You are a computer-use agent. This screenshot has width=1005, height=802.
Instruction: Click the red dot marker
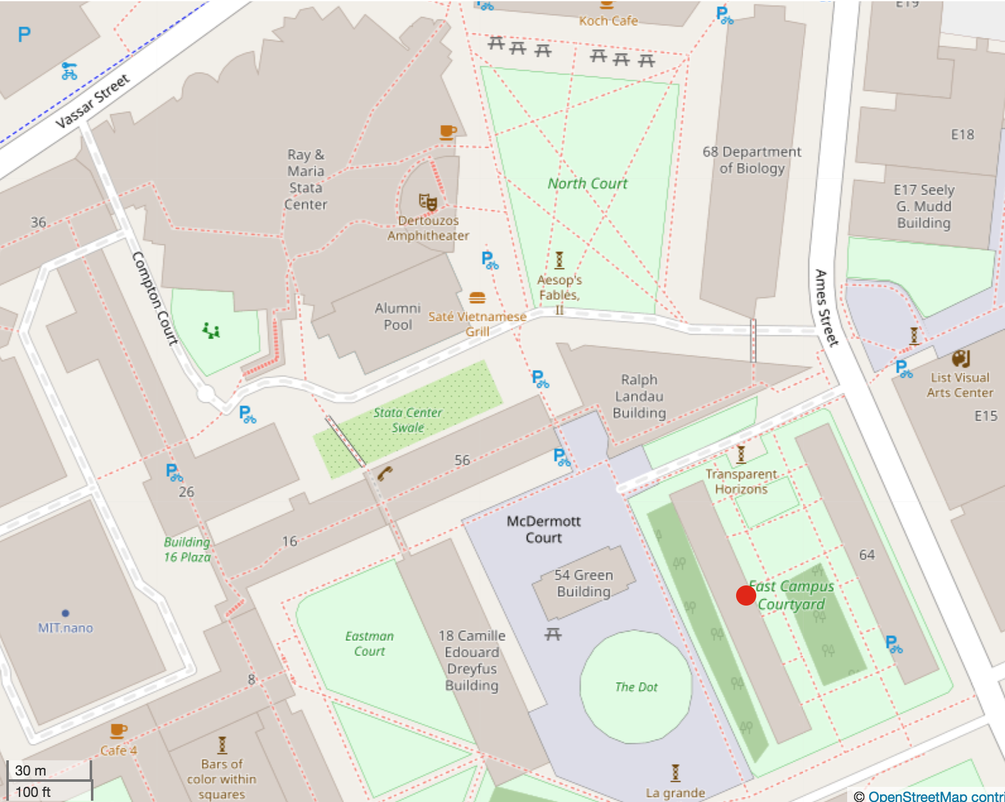746,595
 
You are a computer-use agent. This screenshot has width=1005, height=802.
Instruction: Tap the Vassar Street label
92,101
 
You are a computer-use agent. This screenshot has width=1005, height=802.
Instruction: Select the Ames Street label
826,308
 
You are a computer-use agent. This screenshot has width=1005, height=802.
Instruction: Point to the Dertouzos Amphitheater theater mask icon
428,202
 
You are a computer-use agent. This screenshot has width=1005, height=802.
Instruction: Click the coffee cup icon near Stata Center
448,132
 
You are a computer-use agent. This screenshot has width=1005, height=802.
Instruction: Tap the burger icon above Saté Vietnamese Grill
477,298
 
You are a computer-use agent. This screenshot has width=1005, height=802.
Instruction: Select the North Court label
587,184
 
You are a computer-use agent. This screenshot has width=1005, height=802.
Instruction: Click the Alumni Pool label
398,316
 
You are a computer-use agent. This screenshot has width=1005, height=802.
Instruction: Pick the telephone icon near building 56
384,473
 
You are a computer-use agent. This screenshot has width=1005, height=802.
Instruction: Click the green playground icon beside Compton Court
211,330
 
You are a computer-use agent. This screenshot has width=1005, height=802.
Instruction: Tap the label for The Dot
636,687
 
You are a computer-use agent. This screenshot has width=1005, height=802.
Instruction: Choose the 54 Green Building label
583,584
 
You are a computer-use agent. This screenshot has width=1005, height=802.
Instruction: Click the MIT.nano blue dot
66,613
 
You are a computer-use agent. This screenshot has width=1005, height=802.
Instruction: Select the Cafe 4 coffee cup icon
118,731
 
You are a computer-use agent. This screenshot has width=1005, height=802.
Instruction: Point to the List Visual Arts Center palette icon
960,359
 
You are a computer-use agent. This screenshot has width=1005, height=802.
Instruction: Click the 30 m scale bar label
30,770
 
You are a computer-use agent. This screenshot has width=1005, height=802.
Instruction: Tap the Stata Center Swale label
407,420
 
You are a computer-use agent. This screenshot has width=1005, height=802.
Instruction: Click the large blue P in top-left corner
24,34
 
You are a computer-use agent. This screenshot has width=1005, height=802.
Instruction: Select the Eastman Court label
369,643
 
